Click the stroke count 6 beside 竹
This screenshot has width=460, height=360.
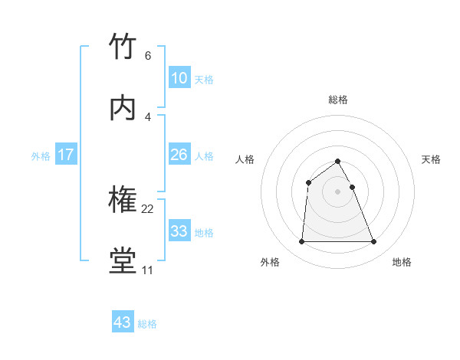[x=147, y=56]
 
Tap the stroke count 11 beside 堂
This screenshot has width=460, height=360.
[x=147, y=270]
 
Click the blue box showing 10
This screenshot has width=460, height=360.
[x=179, y=78]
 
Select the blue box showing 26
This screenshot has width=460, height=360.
[x=179, y=155]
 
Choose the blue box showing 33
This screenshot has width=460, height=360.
[x=179, y=231]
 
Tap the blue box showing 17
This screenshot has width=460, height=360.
[x=66, y=155]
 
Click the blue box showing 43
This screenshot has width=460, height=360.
[x=123, y=322]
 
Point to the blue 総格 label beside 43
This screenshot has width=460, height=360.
[x=147, y=324]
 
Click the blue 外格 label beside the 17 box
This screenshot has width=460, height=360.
[x=41, y=156]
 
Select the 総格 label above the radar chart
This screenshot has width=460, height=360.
[x=338, y=100]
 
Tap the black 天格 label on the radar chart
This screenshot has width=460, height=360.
[x=432, y=159]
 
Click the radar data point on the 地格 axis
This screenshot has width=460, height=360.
[x=374, y=242]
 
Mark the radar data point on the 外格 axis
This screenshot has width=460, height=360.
[x=301, y=242]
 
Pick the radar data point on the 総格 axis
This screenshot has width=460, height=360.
[x=338, y=162]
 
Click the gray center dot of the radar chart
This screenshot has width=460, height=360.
[x=338, y=191]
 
